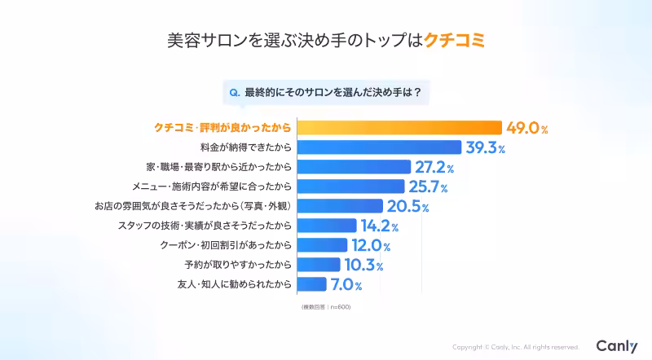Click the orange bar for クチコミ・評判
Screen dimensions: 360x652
point(399,128)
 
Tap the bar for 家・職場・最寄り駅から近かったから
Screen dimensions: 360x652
point(355,167)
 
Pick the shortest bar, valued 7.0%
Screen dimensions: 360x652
point(312,284)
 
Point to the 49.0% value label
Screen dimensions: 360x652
point(526,128)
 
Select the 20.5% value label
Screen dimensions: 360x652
point(407,206)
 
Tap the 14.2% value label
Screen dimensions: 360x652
point(381,226)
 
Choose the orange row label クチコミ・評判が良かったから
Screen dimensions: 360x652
point(222,128)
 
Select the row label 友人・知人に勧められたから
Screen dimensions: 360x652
point(234,284)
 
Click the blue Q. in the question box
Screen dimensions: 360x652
point(235,92)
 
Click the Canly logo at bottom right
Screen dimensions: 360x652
point(616,346)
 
